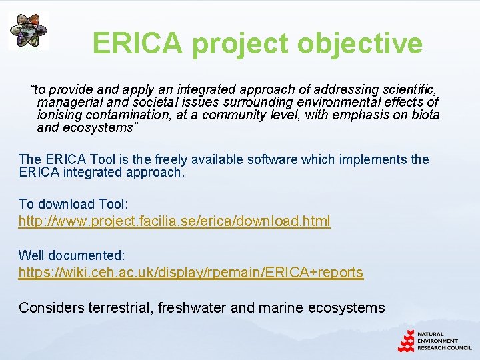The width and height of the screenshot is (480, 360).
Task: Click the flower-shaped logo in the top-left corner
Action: tap(28, 30)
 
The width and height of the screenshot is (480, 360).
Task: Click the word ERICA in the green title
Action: tap(137, 43)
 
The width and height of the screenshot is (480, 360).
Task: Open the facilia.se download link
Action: tap(174, 221)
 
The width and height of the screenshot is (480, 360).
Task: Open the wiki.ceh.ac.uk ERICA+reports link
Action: tap(191, 272)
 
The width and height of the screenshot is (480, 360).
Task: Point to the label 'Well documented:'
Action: tap(71, 255)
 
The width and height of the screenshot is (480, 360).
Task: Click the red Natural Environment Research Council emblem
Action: tap(406, 341)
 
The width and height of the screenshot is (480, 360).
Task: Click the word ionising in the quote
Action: tap(59, 115)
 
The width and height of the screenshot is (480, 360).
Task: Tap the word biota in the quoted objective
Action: tap(425, 115)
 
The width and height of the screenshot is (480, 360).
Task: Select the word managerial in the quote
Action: tap(66, 102)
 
